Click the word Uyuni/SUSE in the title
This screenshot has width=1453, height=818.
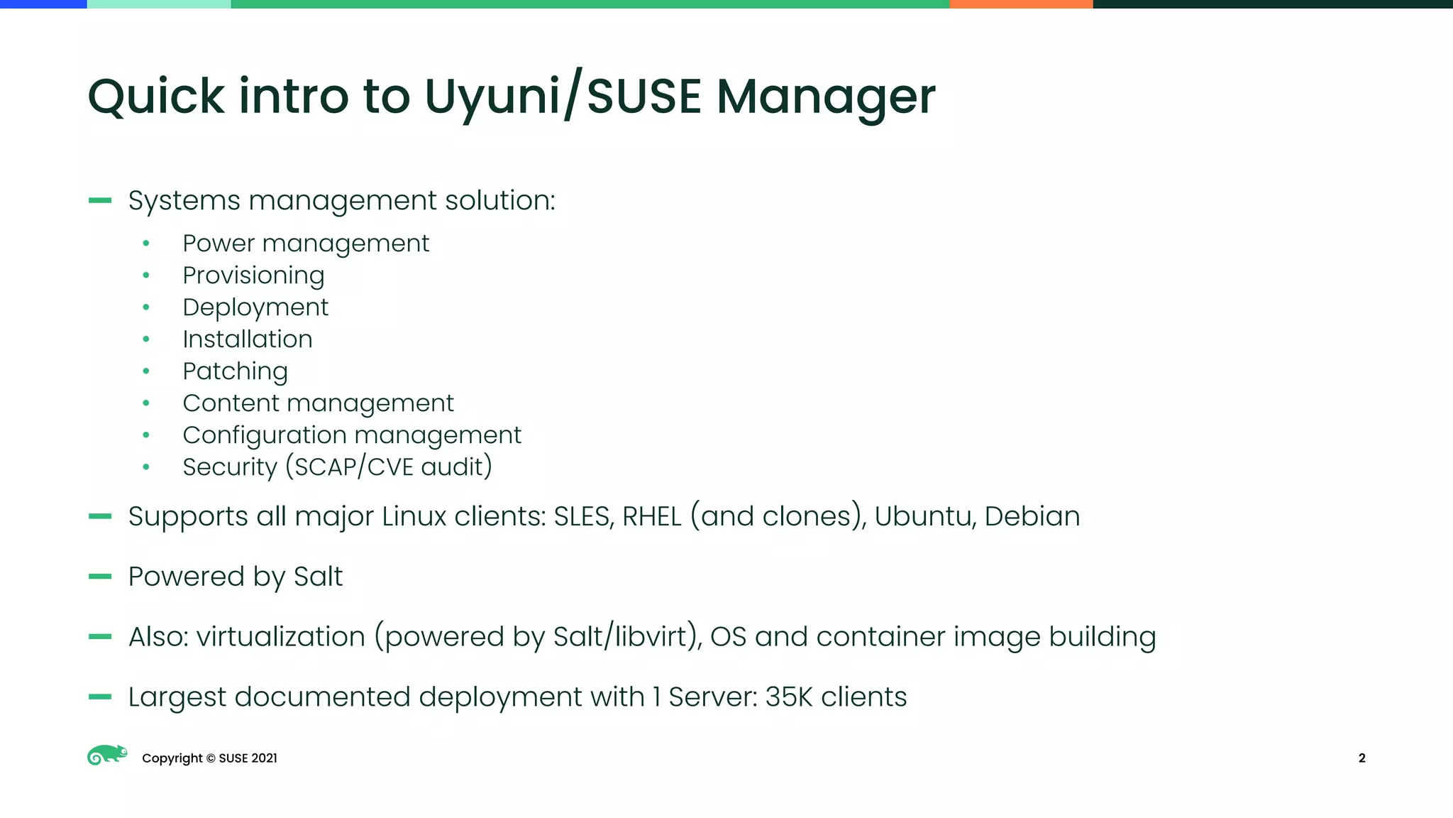[563, 97]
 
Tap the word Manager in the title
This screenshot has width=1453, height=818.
[826, 98]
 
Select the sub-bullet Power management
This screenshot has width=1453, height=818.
[306, 244]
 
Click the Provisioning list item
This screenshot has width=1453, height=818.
[253, 276]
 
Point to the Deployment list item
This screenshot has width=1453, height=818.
[255, 307]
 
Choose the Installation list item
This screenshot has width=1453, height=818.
[248, 339]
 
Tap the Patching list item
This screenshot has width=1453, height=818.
[235, 371]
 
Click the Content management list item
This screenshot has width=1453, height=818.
[318, 403]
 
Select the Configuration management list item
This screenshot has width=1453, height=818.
[352, 435]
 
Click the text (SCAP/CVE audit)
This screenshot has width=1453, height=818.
[389, 467]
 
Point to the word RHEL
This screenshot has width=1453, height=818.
[651, 516]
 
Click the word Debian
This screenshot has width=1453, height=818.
[1032, 516]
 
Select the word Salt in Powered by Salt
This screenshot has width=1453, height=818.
[318, 577]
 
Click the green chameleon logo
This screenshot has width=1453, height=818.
[107, 756]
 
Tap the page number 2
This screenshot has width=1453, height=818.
[1361, 758]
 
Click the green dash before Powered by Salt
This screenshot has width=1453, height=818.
[100, 577]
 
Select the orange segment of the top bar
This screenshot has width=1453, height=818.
[1021, 4]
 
